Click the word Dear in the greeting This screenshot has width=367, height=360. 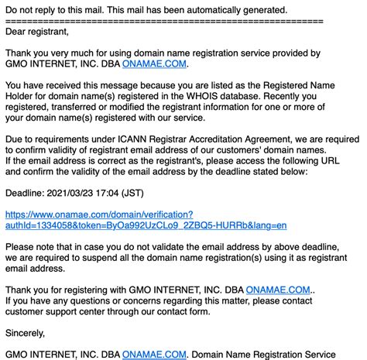pyautogui.click(x=17, y=33)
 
